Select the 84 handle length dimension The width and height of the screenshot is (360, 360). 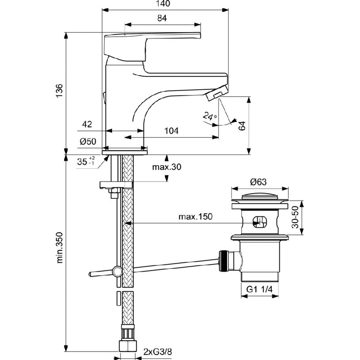162,19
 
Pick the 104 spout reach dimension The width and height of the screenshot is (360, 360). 171,131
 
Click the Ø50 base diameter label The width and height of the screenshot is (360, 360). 88,142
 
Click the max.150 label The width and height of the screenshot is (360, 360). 196,217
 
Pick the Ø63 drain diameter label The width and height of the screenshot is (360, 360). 259,182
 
